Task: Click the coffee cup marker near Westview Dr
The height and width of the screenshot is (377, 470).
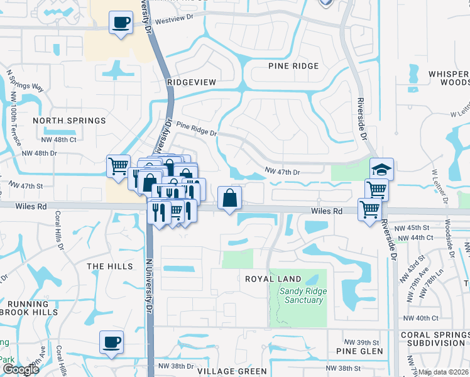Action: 121,23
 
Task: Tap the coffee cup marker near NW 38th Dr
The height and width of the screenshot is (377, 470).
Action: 111,342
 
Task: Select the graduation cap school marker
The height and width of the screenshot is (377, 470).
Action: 381,169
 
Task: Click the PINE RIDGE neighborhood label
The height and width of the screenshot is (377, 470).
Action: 293,66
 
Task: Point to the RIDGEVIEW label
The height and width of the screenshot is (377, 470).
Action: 192,82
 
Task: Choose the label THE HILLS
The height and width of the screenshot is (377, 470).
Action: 110,266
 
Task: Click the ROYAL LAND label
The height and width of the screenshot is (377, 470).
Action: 273,279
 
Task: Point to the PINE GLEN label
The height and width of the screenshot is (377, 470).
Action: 359,351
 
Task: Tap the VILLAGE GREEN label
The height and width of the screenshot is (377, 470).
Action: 232,371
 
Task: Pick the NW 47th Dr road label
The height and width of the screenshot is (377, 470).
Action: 283,171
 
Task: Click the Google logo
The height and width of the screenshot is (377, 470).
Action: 20,369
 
